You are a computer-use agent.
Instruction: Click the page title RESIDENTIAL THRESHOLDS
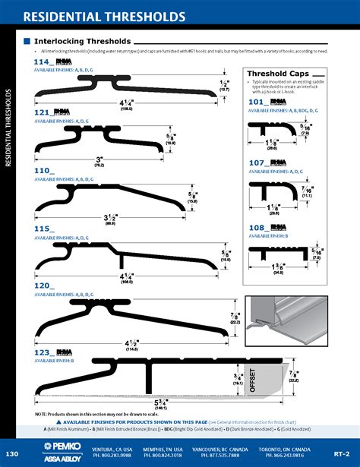pos(103,16)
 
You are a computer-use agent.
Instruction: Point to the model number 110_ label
pos(44,172)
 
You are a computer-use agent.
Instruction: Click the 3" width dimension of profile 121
pos(99,160)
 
